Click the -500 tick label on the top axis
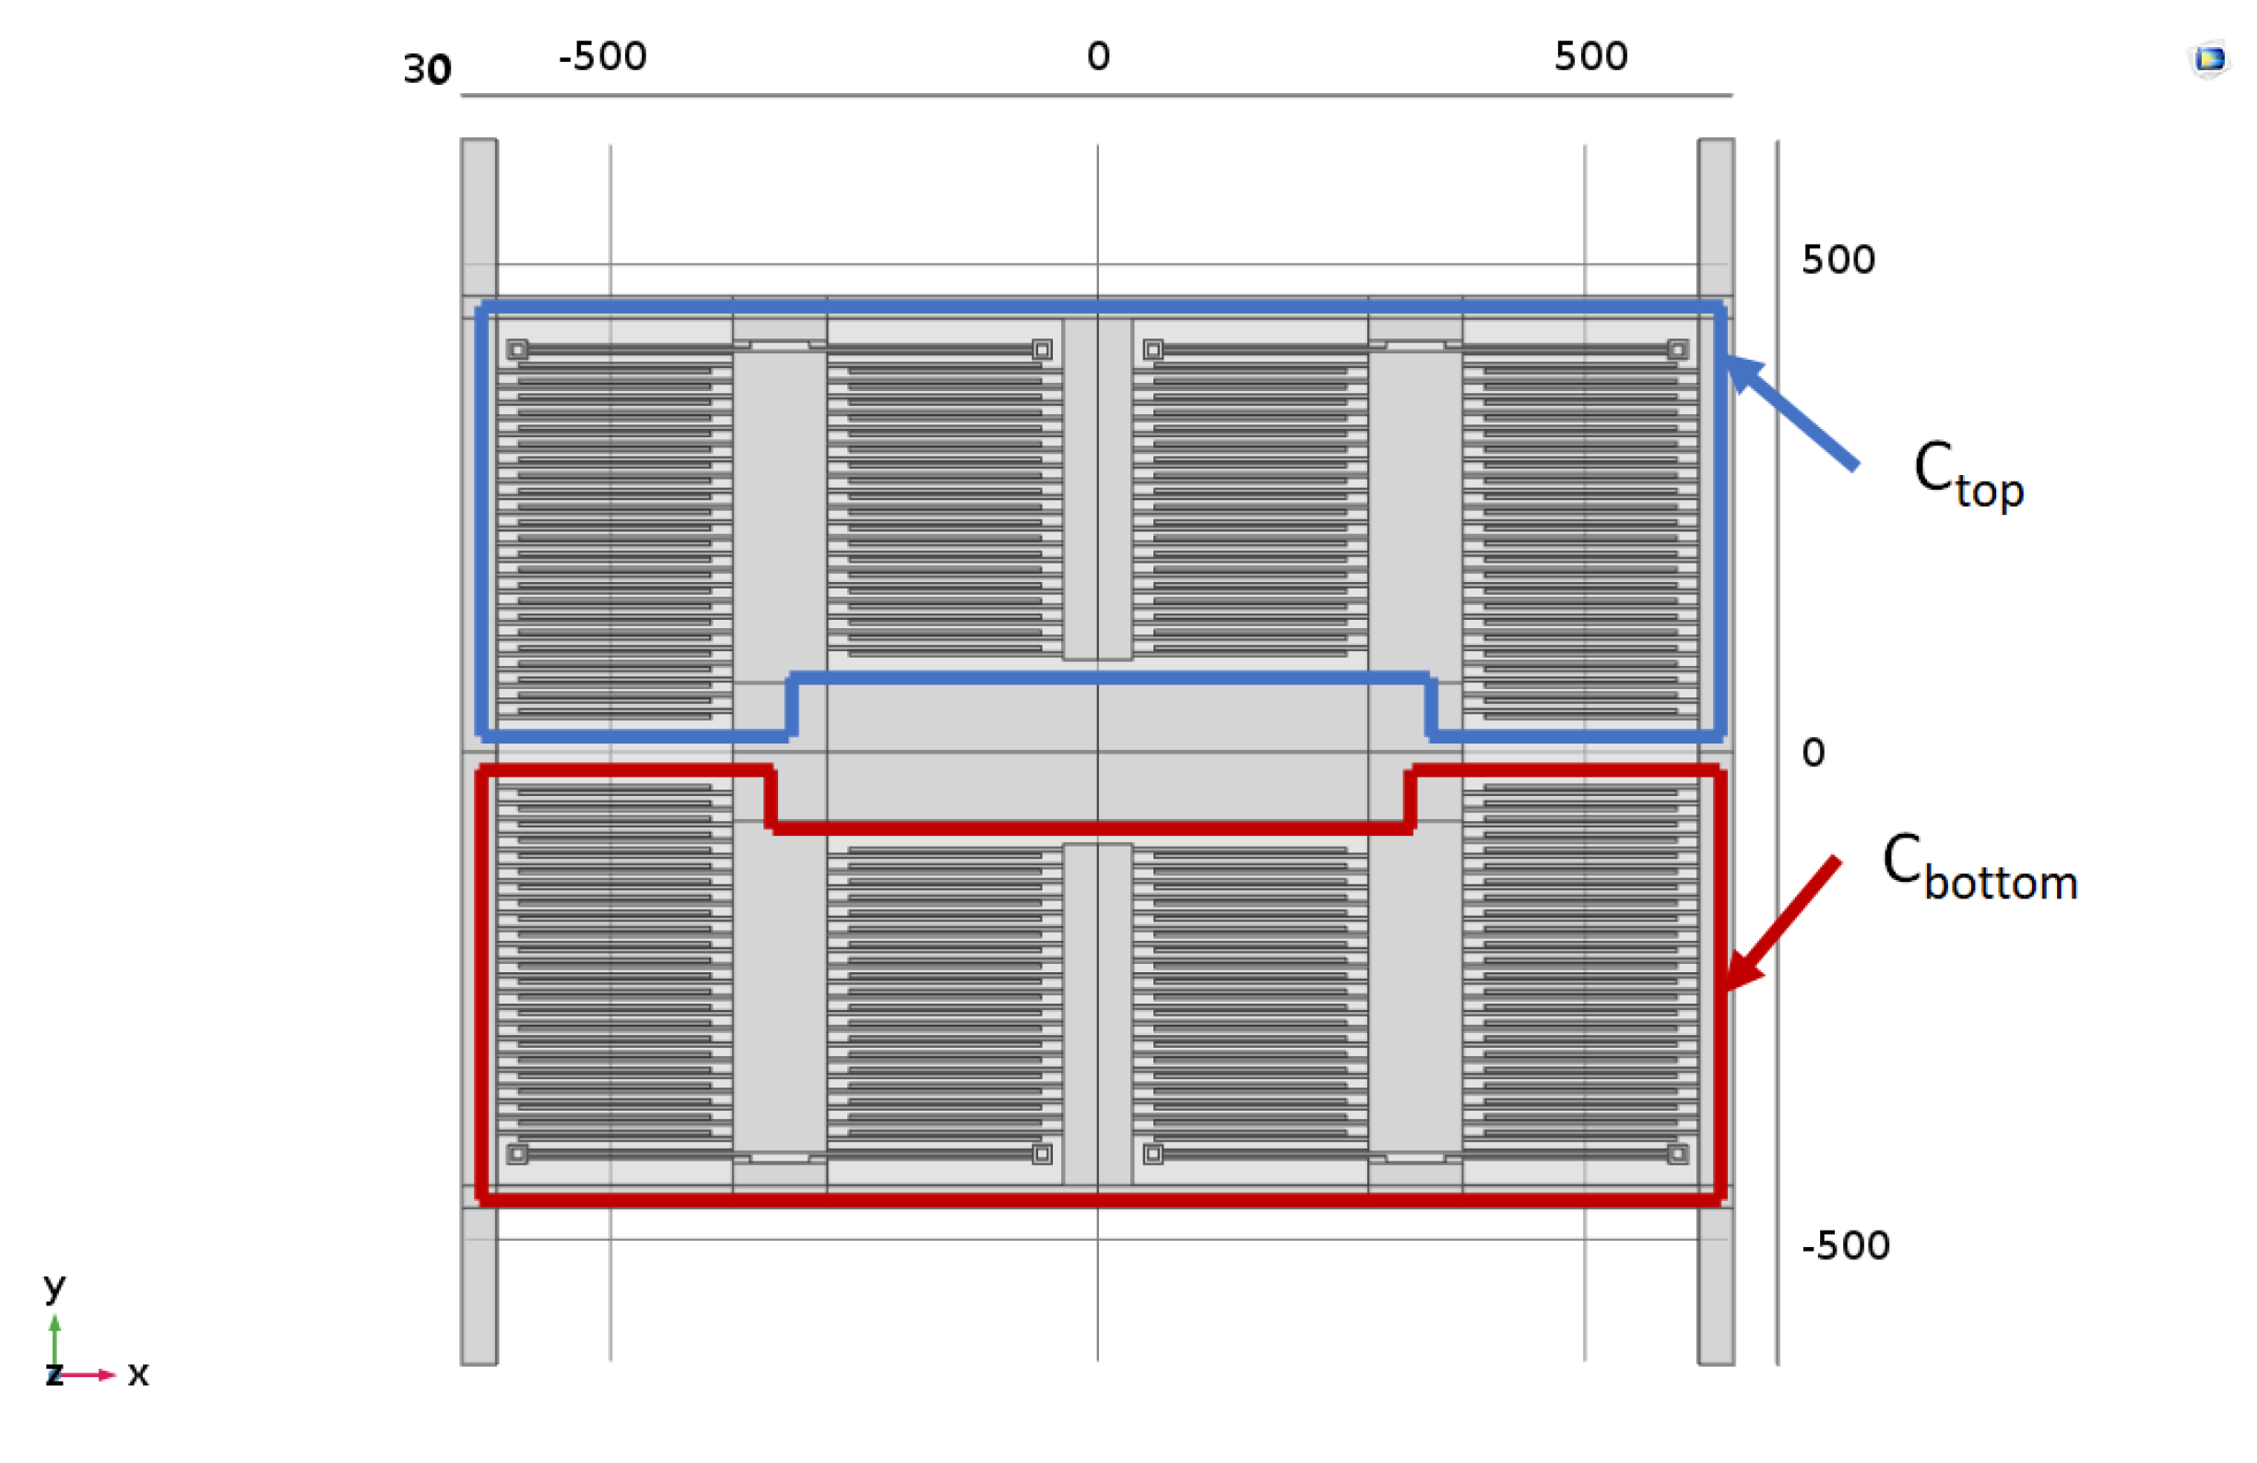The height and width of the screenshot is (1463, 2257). [602, 57]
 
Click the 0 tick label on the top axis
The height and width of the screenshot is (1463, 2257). [1098, 57]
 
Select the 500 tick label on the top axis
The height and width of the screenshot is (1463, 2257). [1590, 57]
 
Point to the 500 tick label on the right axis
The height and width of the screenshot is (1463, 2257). [1838, 260]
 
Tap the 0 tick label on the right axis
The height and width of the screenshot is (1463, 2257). [1814, 753]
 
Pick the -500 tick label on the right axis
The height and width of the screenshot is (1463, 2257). [1845, 1245]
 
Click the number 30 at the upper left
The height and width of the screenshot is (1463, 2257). [427, 70]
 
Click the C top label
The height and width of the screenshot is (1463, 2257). [1967, 474]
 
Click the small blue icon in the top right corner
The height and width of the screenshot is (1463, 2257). [2210, 60]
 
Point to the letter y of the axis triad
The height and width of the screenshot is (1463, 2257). [55, 1289]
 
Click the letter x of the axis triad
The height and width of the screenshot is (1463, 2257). [138, 1374]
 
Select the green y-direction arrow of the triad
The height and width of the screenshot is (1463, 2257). [55, 1339]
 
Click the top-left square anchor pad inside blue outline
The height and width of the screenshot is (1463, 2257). [517, 351]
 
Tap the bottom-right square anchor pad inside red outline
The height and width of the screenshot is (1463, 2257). [1678, 1154]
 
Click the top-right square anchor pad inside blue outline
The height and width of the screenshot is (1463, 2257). [1678, 351]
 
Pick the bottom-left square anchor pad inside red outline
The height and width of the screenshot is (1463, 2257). [517, 1154]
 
